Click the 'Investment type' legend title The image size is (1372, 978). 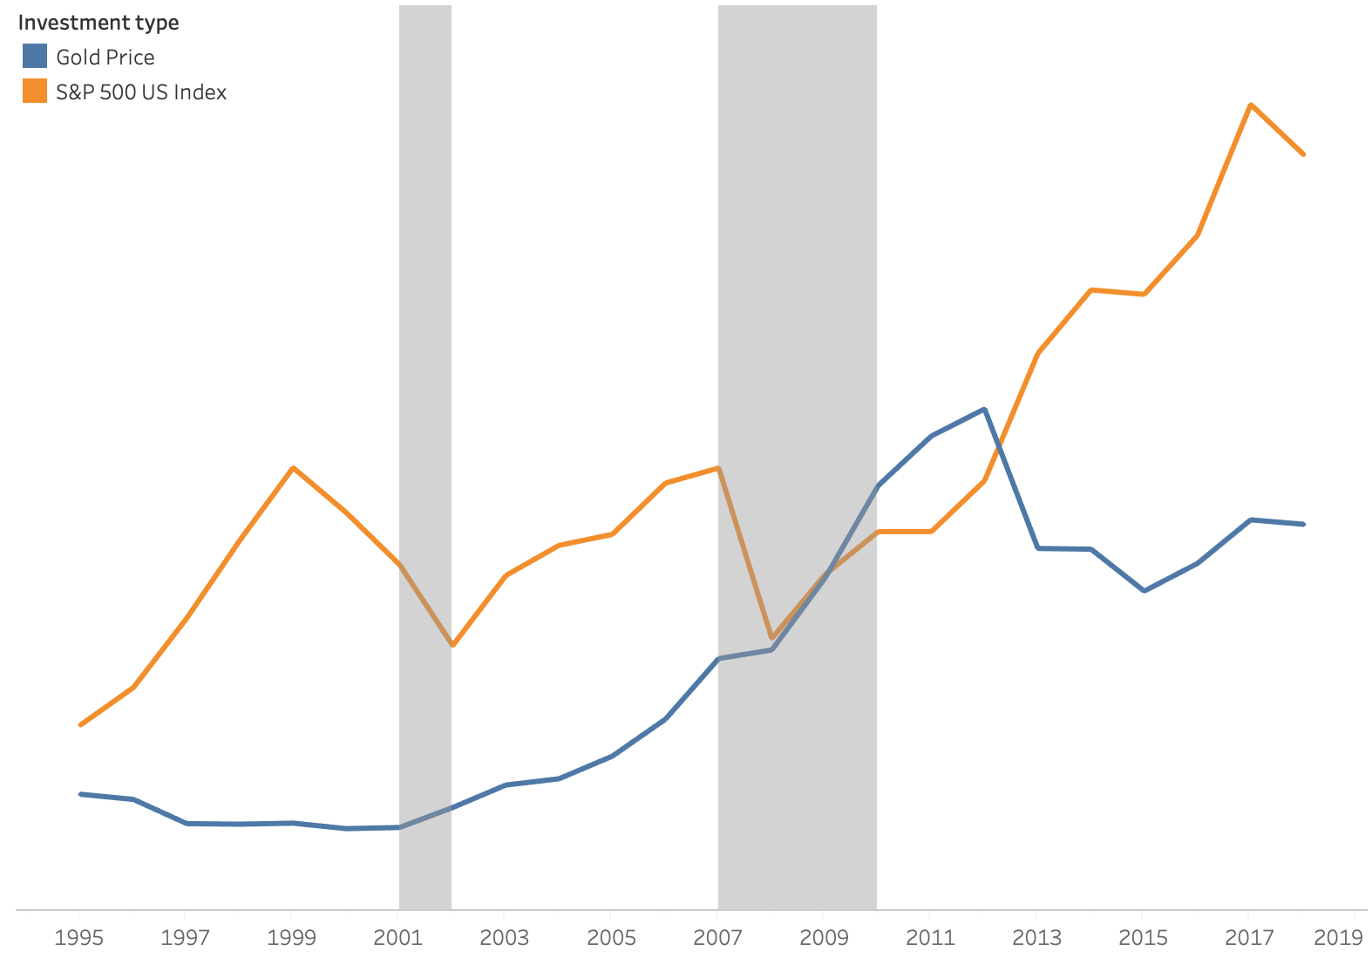click(x=98, y=23)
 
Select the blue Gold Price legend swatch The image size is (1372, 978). click(x=35, y=57)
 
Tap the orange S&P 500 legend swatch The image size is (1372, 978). click(x=35, y=92)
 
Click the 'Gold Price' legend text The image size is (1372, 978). click(x=105, y=58)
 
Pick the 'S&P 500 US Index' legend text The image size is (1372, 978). click(x=141, y=92)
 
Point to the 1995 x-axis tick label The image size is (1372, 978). click(x=78, y=938)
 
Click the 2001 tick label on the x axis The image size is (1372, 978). click(x=397, y=938)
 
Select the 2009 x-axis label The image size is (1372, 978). click(x=824, y=938)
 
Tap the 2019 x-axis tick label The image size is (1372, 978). click(x=1338, y=938)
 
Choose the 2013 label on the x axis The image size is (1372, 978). click(x=1036, y=938)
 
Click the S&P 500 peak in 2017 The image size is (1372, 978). click(x=1251, y=105)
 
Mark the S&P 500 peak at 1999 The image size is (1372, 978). click(x=294, y=468)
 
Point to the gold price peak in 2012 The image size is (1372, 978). click(x=984, y=409)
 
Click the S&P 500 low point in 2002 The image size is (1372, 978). click(x=452, y=645)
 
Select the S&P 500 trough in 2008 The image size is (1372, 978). click(x=771, y=638)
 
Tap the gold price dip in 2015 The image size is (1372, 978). click(x=1144, y=591)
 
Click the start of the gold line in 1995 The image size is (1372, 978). click(x=80, y=794)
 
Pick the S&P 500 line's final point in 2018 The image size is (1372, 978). click(x=1303, y=154)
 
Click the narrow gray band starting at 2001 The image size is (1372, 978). click(x=425, y=349)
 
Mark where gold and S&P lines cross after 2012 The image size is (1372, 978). click(x=998, y=446)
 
